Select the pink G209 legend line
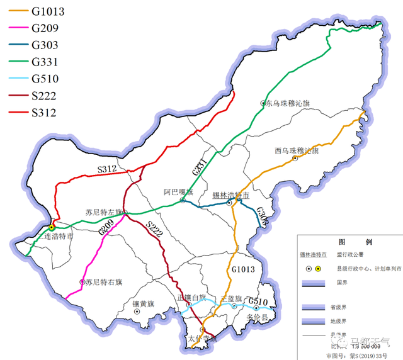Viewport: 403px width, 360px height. pos(15,28)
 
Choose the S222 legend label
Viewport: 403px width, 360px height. pos(44,96)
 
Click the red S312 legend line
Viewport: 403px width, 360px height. pos(15,113)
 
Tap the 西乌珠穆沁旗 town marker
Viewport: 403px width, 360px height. pos(295,158)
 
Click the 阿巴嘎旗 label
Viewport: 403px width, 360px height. pos(178,192)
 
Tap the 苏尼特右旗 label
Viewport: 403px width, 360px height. pos(104,282)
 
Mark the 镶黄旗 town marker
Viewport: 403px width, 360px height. pos(137,311)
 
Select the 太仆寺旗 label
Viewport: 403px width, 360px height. pos(202,339)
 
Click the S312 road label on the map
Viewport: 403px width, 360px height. pos(107,169)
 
